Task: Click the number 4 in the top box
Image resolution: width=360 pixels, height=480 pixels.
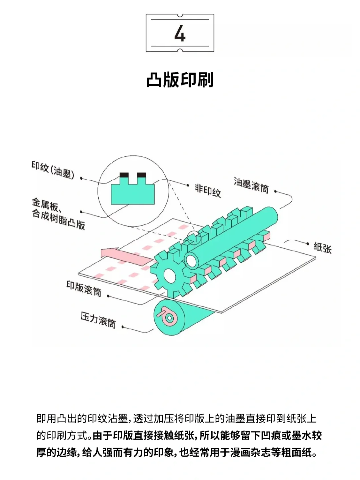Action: pos(180,33)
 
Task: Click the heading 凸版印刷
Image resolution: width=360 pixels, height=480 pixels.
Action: pos(180,80)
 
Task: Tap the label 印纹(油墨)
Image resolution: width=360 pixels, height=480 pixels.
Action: pos(53,170)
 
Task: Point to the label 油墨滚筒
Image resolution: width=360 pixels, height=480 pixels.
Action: pos(251,185)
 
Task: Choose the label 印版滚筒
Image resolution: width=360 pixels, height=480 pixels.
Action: pos(84,289)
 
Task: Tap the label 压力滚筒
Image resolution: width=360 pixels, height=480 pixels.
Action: pos(98,320)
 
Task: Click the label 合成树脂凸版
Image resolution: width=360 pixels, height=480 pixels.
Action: pos(59,219)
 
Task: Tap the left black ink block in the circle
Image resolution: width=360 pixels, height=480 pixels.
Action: pos(124,175)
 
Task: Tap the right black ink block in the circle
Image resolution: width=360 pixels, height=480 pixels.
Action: pos(141,175)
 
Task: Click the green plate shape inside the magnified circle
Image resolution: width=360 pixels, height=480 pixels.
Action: pos(133,193)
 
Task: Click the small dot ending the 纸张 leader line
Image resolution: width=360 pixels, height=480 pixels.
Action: pos(308,244)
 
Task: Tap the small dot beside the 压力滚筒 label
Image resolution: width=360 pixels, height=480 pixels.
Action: pos(123,327)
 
